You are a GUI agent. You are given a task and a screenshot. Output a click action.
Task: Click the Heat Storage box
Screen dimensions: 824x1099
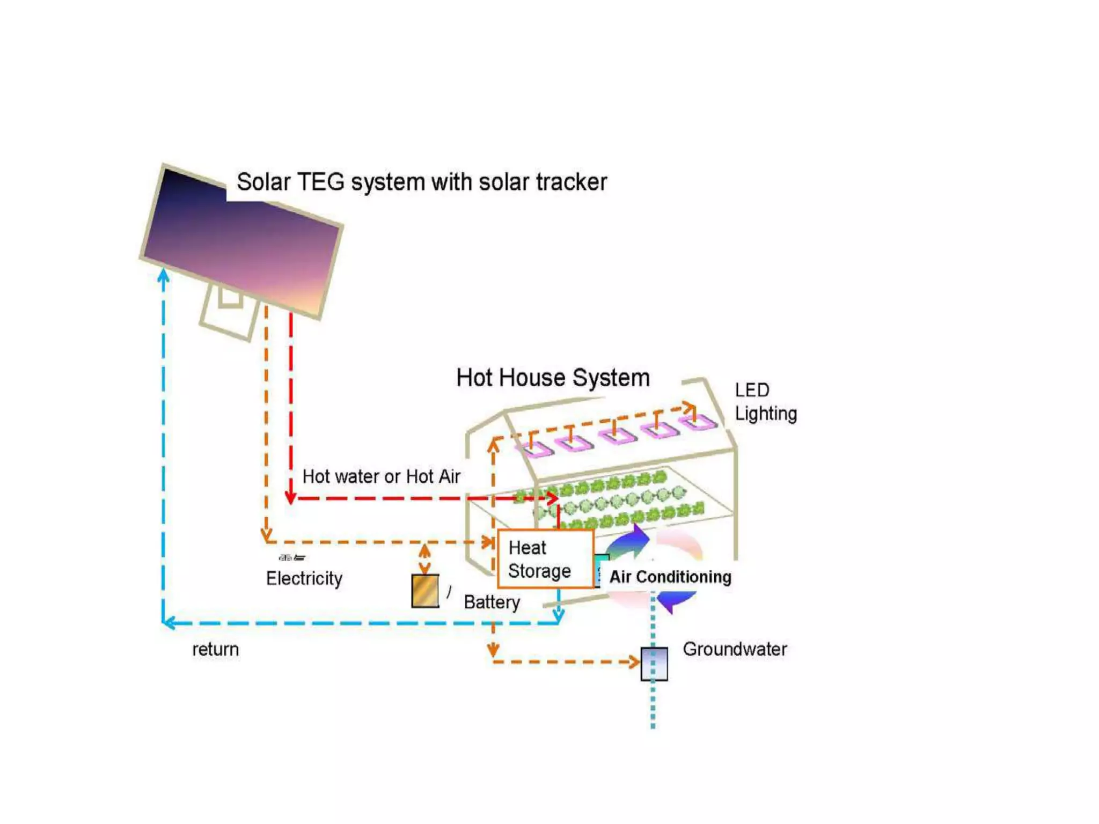pos(545,559)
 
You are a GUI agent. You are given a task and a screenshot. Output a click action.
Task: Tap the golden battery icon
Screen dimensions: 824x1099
pos(425,591)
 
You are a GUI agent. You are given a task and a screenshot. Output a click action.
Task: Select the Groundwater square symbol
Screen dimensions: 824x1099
pos(654,664)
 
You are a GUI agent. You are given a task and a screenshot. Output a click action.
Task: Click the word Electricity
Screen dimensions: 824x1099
pos(304,578)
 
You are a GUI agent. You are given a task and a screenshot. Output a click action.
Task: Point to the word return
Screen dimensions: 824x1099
pos(215,649)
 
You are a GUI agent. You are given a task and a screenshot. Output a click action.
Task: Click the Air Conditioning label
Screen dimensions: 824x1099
pos(670,577)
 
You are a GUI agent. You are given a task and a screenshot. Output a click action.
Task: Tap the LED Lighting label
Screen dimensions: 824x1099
pos(765,402)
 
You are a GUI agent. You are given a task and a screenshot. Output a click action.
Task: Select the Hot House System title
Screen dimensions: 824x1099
pos(553,378)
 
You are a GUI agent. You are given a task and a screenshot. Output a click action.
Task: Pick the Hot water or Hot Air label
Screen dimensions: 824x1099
pos(381,476)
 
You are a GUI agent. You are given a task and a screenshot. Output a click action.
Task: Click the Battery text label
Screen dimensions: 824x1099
pos(492,602)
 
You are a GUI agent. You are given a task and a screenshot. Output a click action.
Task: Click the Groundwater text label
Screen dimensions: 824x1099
pos(734,649)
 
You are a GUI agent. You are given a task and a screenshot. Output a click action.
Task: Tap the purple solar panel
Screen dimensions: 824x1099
pos(241,241)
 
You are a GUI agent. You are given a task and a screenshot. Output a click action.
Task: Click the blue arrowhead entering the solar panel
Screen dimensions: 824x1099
pos(164,276)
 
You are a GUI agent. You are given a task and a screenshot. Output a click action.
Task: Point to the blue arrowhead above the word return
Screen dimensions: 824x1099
pos(169,623)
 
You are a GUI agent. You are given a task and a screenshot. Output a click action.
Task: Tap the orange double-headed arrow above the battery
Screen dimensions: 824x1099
pos(424,558)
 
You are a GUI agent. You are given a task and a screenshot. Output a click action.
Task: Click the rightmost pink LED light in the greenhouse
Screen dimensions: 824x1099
pos(698,423)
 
